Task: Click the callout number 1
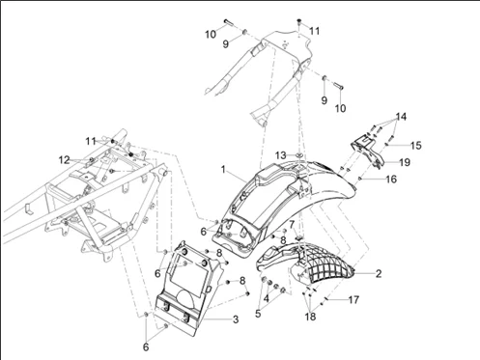223,169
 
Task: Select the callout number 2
379,273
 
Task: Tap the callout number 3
236,319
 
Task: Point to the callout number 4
266,298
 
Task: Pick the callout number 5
258,314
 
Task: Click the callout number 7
292,224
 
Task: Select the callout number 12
64,159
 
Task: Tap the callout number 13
280,155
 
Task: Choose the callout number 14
401,117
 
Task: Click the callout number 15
416,146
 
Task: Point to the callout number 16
391,180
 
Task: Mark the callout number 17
353,300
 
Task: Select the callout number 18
310,317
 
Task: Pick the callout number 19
405,162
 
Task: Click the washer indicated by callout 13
299,155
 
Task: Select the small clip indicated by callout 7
299,237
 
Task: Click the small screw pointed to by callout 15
387,145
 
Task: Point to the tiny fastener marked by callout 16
360,178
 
